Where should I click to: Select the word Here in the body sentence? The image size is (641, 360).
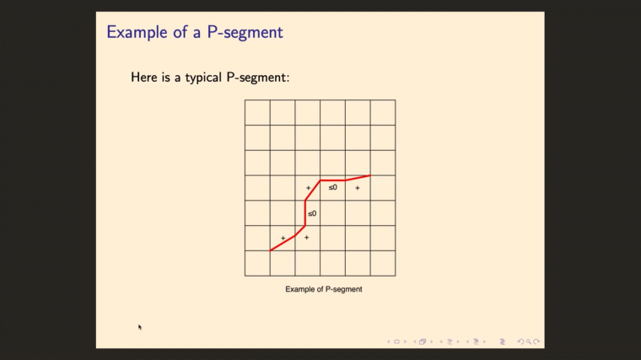tap(144, 77)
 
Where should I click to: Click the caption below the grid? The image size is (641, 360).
tap(323, 289)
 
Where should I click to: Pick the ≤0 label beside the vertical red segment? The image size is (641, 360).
tap(312, 213)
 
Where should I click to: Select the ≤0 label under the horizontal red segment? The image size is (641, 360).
tap(333, 187)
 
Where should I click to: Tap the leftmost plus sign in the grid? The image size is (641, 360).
tap(283, 238)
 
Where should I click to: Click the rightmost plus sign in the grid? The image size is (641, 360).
tap(358, 188)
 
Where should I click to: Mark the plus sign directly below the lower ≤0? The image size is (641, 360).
tap(306, 238)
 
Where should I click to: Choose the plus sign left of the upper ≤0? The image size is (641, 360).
tap(308, 188)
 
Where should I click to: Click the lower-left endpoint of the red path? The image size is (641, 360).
tap(271, 250)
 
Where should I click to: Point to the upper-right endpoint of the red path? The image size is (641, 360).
tap(369, 176)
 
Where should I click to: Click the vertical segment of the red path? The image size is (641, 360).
tap(304, 212)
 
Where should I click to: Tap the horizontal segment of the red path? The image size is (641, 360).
tap(332, 180)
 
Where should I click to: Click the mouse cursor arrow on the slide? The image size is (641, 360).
tap(140, 327)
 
